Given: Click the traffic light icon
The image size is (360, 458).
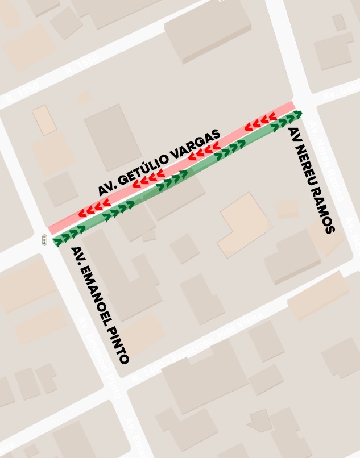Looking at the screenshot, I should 44,240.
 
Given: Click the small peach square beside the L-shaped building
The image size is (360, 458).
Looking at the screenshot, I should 287,208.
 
